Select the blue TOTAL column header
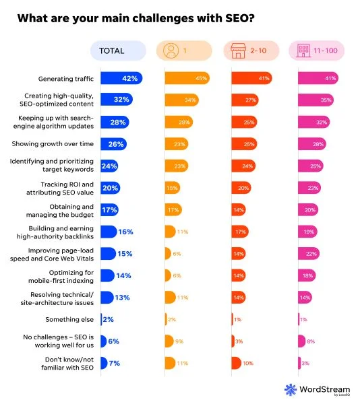click(x=118, y=50)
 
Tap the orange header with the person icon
click(x=183, y=50)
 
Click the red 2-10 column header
click(x=250, y=50)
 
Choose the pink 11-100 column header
click(x=317, y=50)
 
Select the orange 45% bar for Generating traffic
click(x=187, y=78)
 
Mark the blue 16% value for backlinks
click(x=125, y=231)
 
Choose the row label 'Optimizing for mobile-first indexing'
click(x=65, y=275)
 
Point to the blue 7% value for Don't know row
click(x=113, y=363)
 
